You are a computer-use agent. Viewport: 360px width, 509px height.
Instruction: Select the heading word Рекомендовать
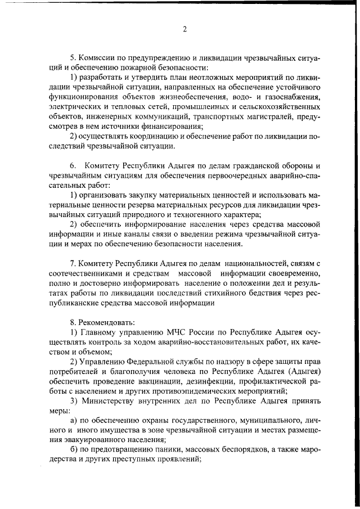(x=99, y=322)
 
